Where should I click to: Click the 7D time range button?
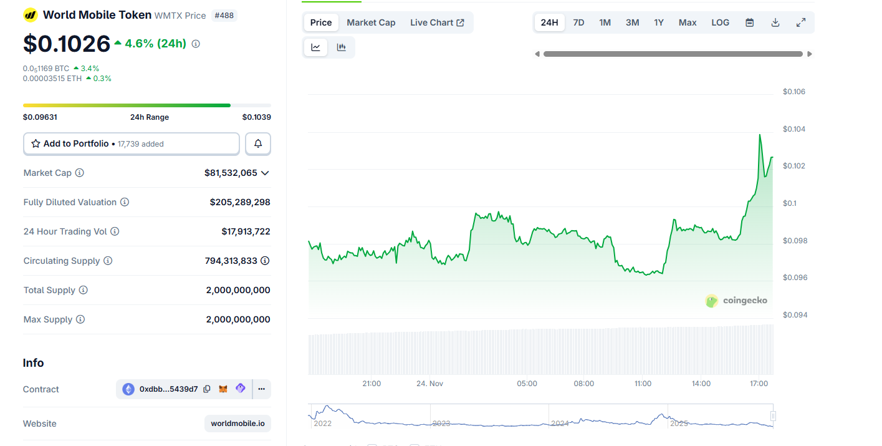578,22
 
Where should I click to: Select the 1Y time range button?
659,22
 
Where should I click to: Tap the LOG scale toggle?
720,22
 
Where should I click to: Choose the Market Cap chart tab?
371,22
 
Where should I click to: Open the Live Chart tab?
437,22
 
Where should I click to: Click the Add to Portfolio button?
131,143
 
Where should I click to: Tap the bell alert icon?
258,143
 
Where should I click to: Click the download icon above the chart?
775,22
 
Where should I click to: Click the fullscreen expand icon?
801,22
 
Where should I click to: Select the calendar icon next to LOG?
750,22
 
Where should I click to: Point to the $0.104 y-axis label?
794,129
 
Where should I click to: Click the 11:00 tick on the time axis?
643,384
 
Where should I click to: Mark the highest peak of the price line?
760,135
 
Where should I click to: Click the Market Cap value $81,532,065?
231,173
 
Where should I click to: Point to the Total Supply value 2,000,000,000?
238,290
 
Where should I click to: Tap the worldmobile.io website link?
237,424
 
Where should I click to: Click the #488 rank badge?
224,15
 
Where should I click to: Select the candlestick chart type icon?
341,47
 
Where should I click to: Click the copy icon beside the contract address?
207,389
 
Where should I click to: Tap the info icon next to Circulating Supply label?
108,261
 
